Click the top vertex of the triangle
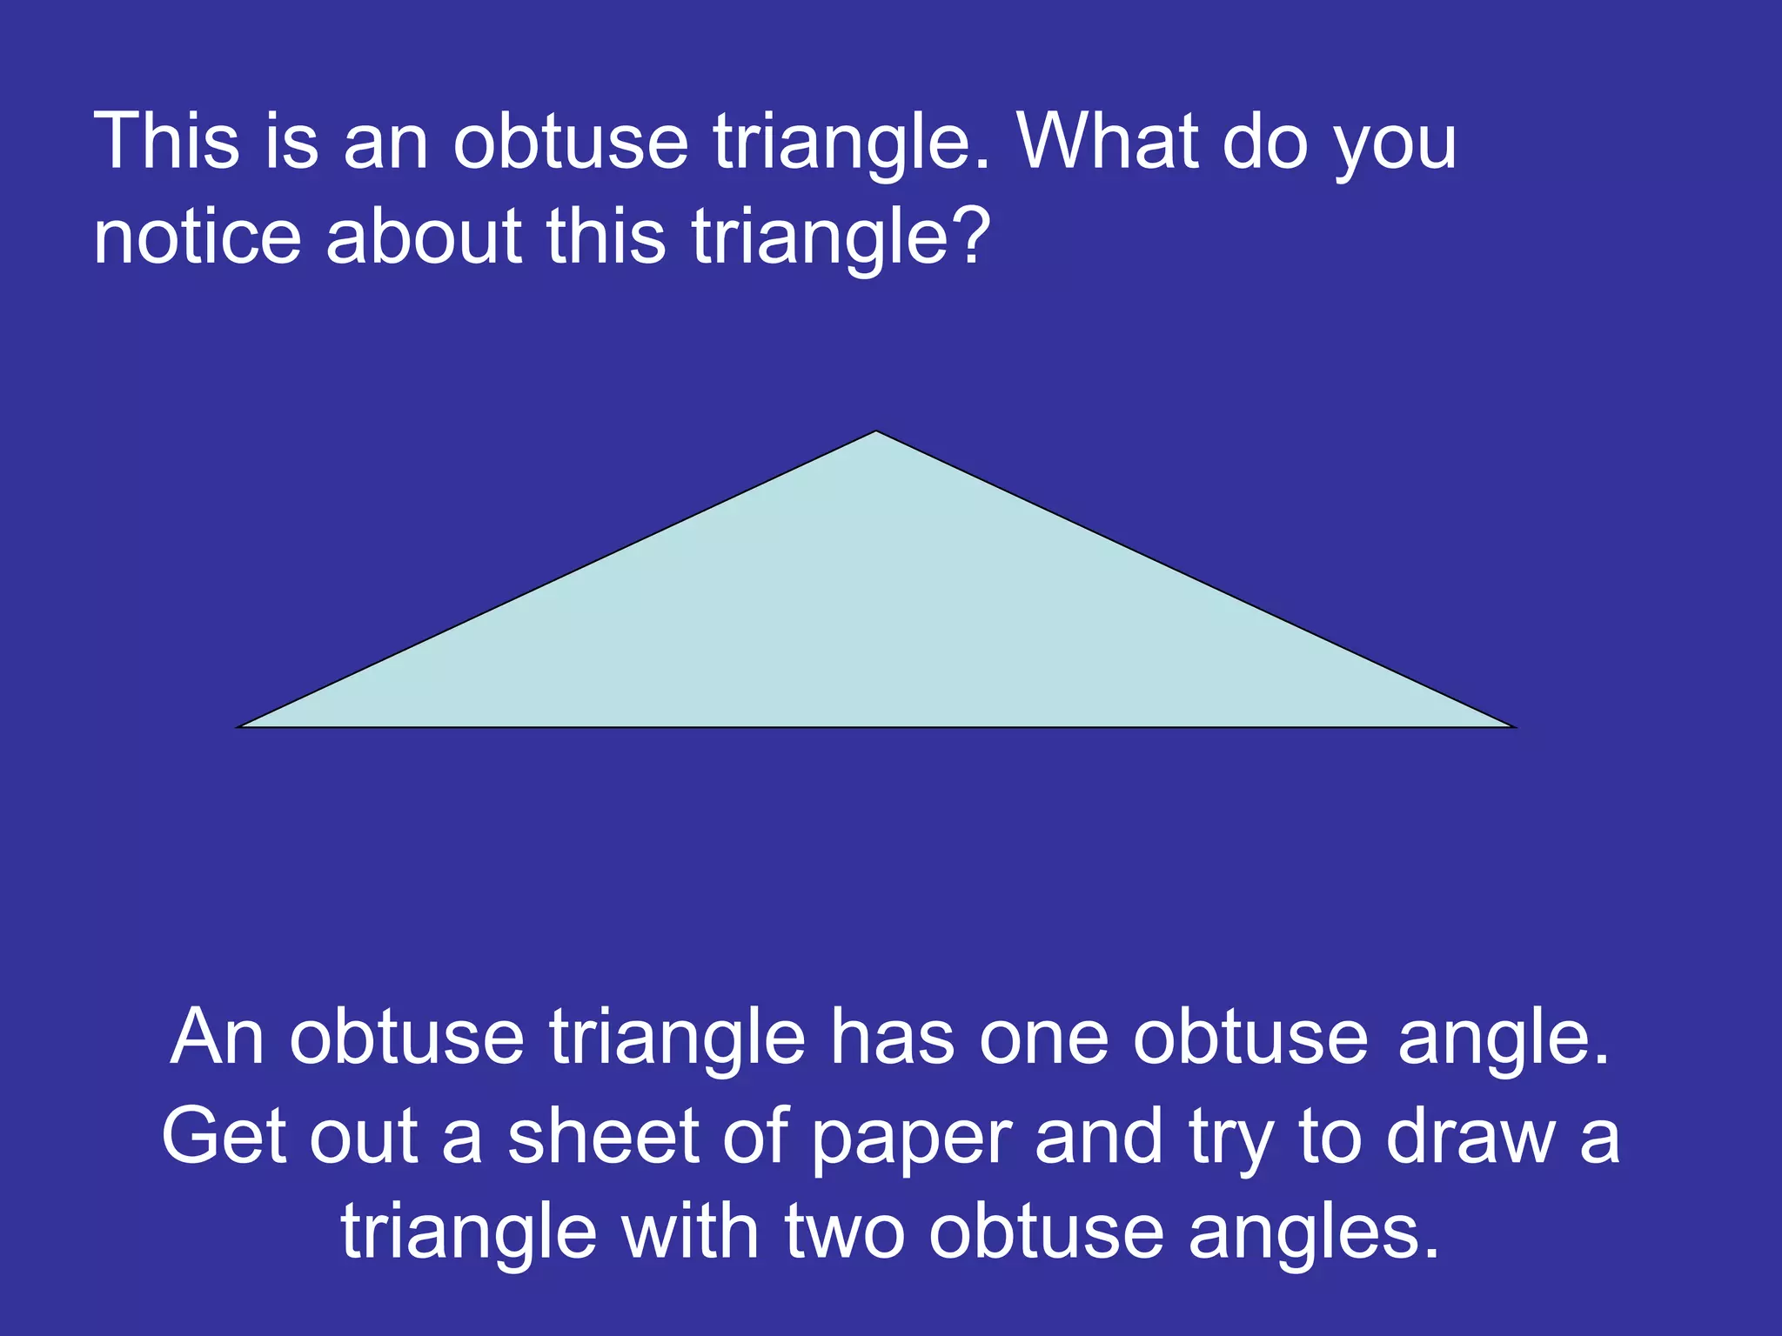(x=876, y=432)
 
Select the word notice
(x=197, y=237)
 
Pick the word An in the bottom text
(x=217, y=1037)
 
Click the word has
(x=891, y=1037)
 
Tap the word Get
(x=223, y=1136)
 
